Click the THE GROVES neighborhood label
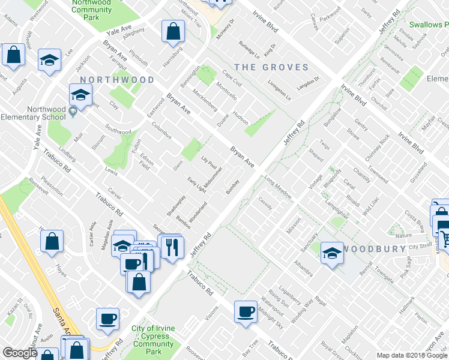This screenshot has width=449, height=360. click(x=271, y=68)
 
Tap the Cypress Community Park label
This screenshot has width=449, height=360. click(x=154, y=340)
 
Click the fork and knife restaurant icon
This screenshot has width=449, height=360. click(x=172, y=247)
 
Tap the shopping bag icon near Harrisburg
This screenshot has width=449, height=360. click(x=173, y=32)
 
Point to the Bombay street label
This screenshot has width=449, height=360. click(x=233, y=187)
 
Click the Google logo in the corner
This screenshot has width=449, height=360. click(x=20, y=353)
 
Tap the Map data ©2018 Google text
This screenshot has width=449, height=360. click(x=412, y=355)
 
